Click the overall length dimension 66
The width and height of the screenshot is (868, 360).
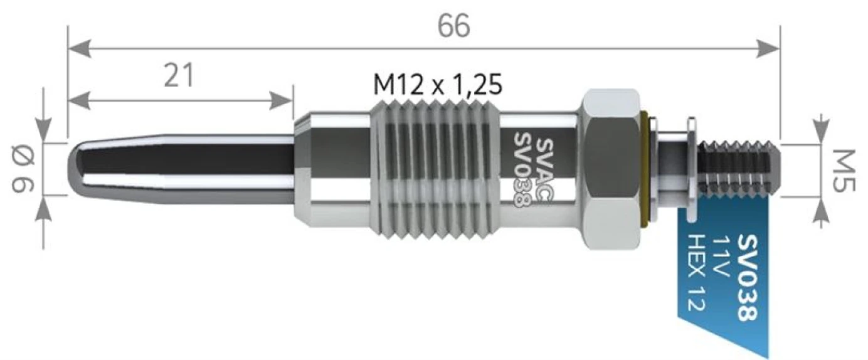tap(453, 26)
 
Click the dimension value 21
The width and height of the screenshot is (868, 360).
tap(179, 75)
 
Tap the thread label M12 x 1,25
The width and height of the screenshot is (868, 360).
tap(438, 84)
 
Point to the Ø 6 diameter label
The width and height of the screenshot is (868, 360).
tap(23, 169)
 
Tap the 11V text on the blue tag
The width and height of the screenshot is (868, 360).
tap(721, 257)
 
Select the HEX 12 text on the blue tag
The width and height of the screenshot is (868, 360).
tap(696, 272)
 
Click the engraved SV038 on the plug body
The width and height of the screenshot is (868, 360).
tap(522, 171)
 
